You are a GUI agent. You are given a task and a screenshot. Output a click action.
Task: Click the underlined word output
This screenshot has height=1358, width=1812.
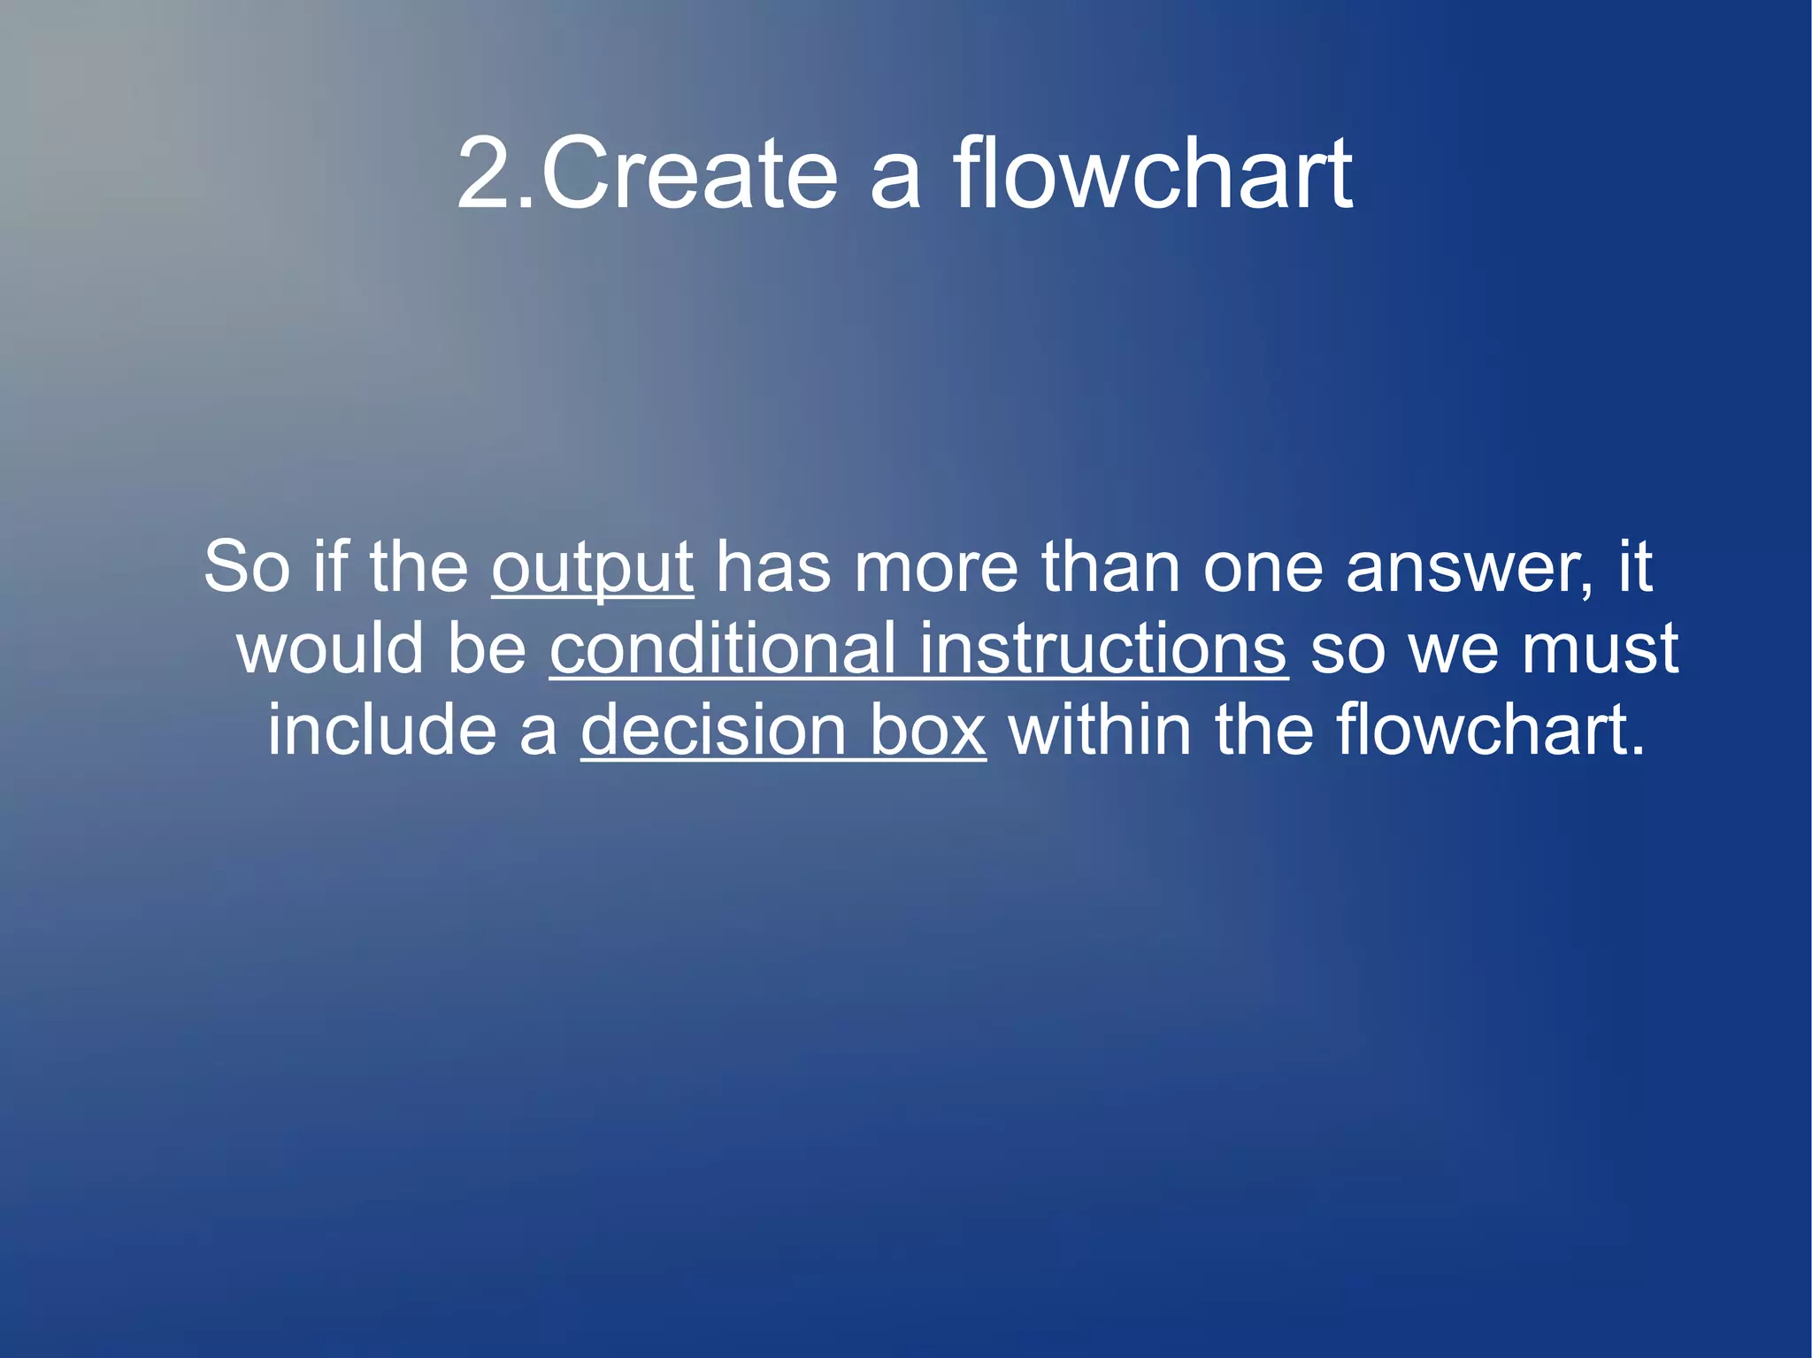tap(592, 568)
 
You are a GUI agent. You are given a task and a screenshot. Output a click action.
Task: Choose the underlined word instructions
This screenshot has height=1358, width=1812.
tap(1102, 649)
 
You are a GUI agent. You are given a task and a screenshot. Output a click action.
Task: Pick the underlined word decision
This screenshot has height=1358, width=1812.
tap(713, 731)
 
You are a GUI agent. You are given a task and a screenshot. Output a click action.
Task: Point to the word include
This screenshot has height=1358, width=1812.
tap(382, 731)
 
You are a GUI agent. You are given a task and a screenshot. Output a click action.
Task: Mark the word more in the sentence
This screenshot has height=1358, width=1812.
tap(935, 568)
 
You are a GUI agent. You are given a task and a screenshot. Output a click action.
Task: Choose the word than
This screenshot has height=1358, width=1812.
tap(1110, 568)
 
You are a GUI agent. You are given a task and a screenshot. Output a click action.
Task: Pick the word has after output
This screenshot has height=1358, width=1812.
tap(773, 568)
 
